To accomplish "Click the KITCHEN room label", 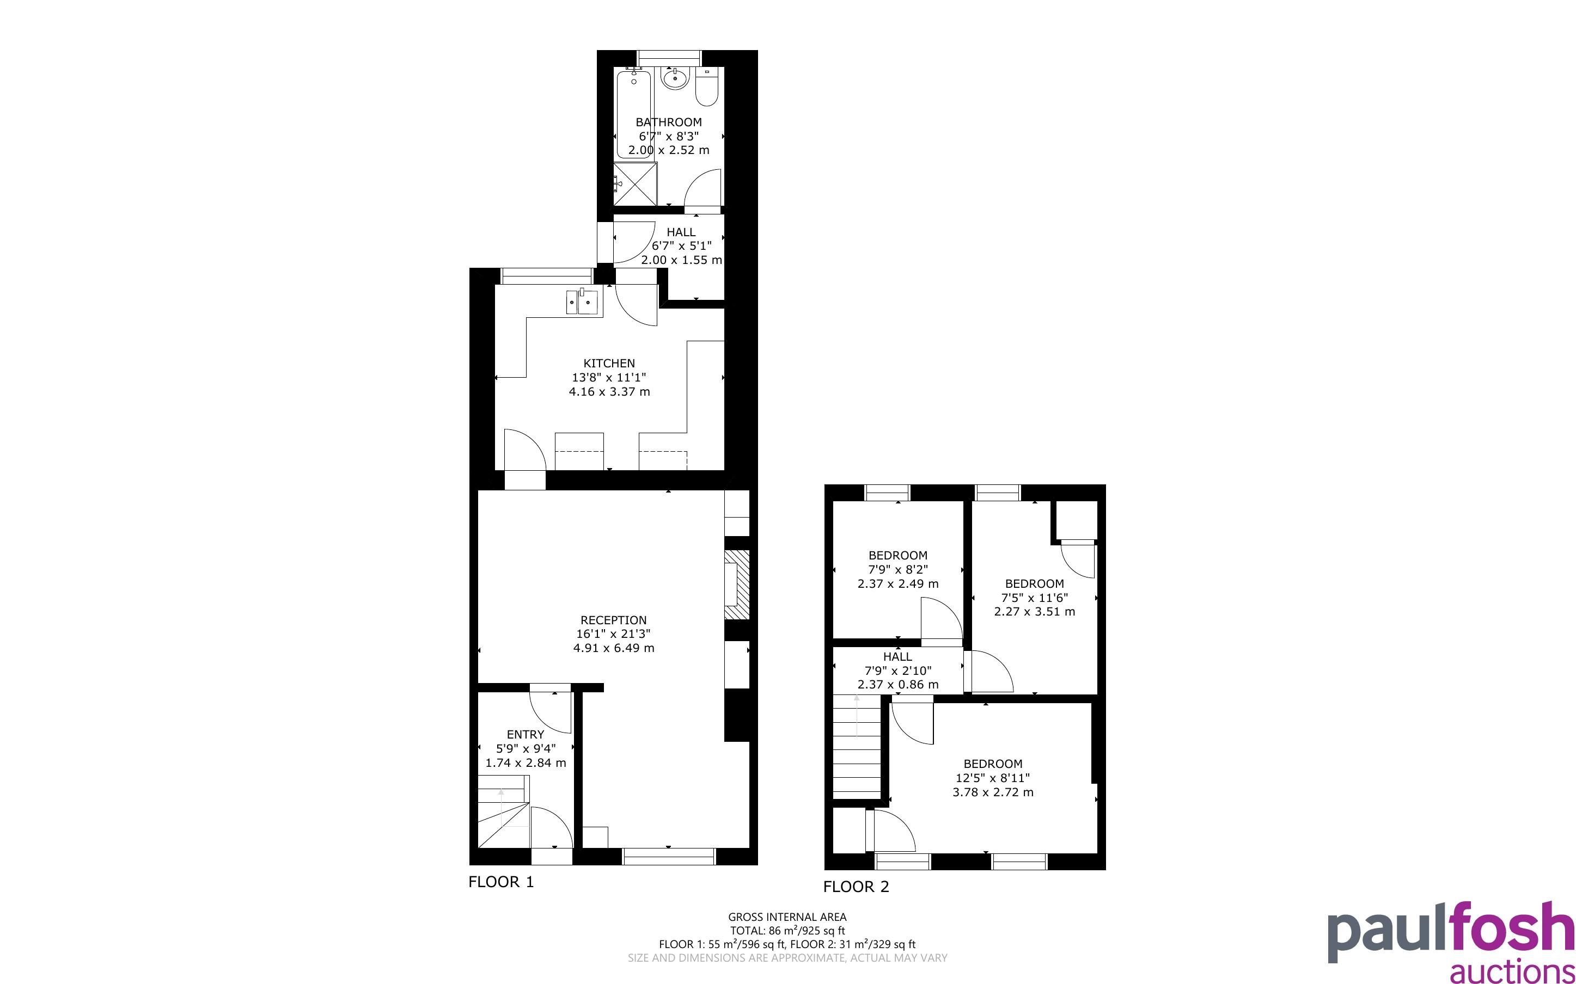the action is click(x=609, y=363).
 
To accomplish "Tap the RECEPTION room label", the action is click(x=613, y=620).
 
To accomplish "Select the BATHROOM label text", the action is click(x=669, y=122).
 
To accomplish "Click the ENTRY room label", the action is click(x=526, y=734).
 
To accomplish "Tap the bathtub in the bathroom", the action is click(x=634, y=114).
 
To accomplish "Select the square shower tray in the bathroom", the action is click(x=636, y=183).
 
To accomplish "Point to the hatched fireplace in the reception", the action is click(x=737, y=585).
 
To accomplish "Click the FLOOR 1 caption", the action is click(x=501, y=882).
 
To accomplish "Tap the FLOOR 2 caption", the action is click(x=856, y=887).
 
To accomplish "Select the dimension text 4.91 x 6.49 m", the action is click(x=613, y=648).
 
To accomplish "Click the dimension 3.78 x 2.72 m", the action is click(x=993, y=792).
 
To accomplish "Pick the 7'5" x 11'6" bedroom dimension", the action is click(x=1034, y=598).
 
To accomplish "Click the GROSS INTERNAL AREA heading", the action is click(x=787, y=917).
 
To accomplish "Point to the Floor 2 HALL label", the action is click(x=897, y=657).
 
